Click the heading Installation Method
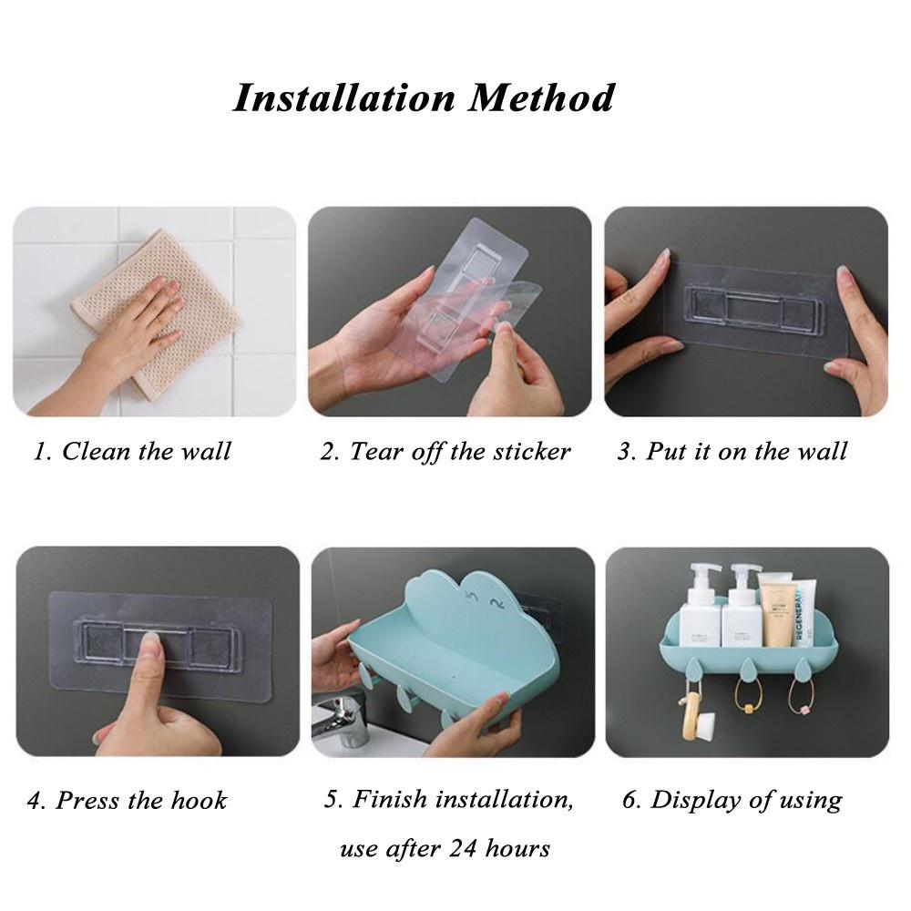tap(423, 97)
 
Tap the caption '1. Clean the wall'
tap(132, 452)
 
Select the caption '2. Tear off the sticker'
tap(445, 452)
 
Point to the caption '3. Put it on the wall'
tap(732, 452)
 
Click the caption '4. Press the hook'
tap(127, 801)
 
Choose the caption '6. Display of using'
tap(732, 801)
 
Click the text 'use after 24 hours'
tap(445, 849)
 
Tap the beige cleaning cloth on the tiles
tap(156, 314)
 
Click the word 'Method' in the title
tap(541, 97)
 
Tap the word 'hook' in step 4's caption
tap(199, 801)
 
